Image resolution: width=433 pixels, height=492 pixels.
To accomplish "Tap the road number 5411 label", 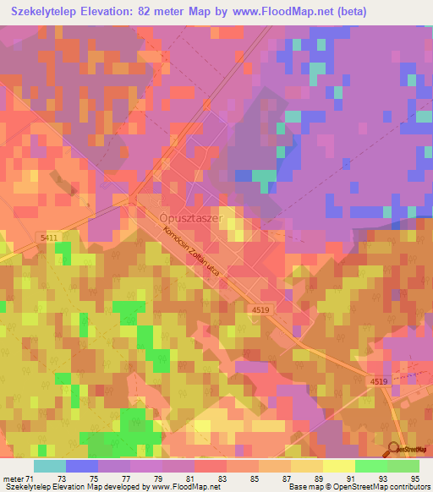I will click(48, 239).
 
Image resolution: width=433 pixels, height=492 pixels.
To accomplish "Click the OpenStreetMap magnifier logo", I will click(395, 451).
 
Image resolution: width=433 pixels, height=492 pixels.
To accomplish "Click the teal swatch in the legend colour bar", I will click(50, 466).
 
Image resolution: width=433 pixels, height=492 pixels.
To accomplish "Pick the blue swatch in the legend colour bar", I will click(82, 466).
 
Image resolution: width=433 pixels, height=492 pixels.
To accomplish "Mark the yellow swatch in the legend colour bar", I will click(339, 466).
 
